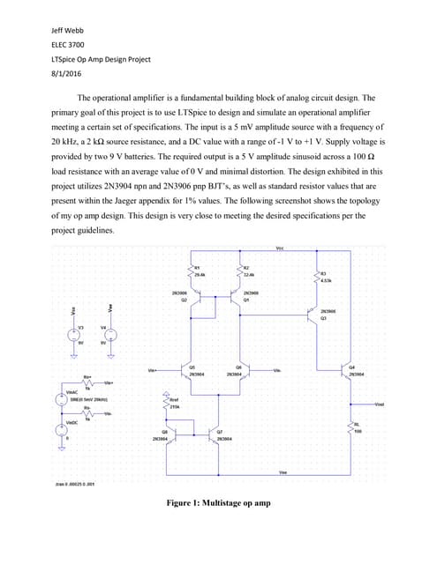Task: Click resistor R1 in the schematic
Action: pyautogui.click(x=189, y=272)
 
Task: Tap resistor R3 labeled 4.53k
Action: pyautogui.click(x=317, y=277)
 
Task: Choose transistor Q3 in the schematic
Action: pyautogui.click(x=314, y=315)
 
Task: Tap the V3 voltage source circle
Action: pyautogui.click(x=74, y=336)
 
